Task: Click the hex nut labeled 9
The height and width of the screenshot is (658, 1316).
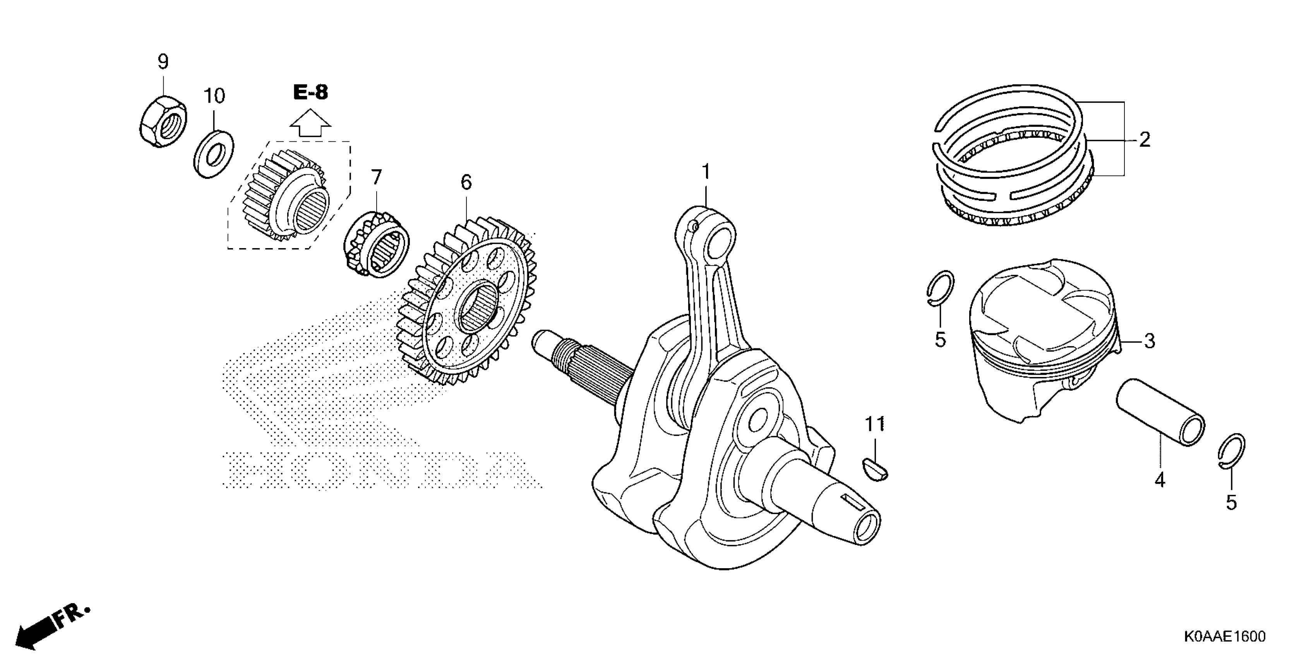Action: [163, 122]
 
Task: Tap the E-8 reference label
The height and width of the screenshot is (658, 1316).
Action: [310, 93]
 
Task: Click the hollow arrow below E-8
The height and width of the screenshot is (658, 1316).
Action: [310, 123]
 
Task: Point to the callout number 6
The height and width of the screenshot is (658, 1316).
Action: [466, 182]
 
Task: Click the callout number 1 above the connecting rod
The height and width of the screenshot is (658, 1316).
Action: [706, 172]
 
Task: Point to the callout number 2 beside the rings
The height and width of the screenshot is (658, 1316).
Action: [1145, 139]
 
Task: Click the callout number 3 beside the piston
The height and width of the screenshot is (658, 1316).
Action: [1150, 341]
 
